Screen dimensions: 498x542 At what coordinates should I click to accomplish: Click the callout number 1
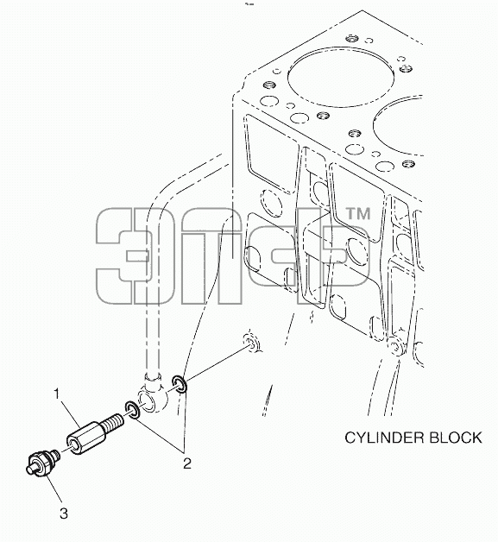click(x=57, y=394)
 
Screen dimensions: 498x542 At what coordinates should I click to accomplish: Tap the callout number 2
click(x=187, y=463)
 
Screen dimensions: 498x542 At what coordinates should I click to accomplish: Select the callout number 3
click(x=64, y=514)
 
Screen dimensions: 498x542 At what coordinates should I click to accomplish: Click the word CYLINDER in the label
click(x=384, y=438)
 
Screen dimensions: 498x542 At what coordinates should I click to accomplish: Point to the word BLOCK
click(x=455, y=438)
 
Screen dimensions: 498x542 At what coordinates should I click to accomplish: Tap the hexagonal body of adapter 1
click(x=85, y=438)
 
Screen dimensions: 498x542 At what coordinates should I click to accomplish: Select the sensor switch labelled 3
click(x=43, y=462)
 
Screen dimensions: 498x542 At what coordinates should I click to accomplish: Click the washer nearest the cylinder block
click(x=180, y=384)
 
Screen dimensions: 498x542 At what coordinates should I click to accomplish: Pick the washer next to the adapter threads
click(x=132, y=410)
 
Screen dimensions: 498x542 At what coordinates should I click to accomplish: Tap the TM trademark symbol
click(x=358, y=214)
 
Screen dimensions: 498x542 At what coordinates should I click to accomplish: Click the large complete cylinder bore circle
click(x=340, y=77)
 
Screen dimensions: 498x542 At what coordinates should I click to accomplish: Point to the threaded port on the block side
click(x=250, y=343)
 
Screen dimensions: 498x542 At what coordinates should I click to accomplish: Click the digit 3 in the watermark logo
click(x=124, y=255)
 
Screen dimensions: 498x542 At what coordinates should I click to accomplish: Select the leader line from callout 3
click(x=55, y=491)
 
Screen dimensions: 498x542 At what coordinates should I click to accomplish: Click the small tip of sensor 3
click(x=31, y=468)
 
